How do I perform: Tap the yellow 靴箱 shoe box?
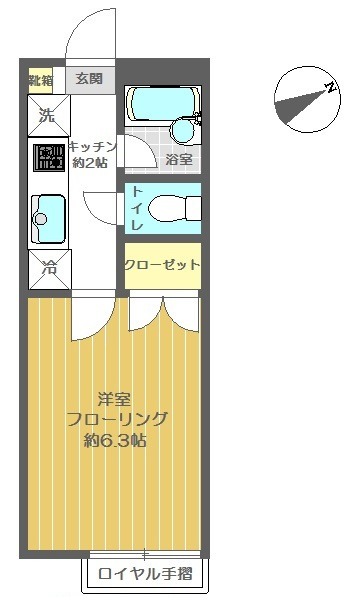click(41, 79)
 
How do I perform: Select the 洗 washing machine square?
click(47, 114)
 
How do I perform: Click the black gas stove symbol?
click(47, 158)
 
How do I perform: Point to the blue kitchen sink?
click(47, 214)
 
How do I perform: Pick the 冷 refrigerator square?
click(47, 267)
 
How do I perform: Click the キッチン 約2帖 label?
click(95, 155)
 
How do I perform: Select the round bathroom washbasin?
click(183, 130)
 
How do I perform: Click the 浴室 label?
click(179, 158)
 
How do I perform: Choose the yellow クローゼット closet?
click(162, 265)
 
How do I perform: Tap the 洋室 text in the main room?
click(115, 397)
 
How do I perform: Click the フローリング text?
click(115, 418)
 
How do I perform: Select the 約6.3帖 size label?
click(115, 441)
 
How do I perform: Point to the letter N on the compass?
click(329, 89)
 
